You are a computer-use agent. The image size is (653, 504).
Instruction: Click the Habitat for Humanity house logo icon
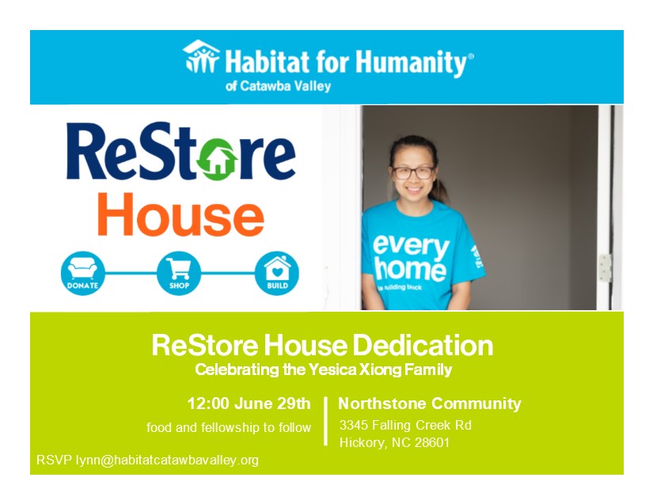pyautogui.click(x=201, y=57)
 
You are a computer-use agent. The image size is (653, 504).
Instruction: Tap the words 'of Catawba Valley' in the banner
pyautogui.click(x=278, y=86)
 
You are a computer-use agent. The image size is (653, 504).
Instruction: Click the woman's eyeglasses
pyautogui.click(x=412, y=171)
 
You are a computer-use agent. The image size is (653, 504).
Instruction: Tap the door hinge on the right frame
pyautogui.click(x=605, y=267)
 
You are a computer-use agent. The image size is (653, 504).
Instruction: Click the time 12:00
pyautogui.click(x=208, y=404)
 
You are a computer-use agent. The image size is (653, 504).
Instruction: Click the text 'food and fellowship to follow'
pyautogui.click(x=229, y=427)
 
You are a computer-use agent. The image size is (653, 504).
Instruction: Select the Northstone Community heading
pyautogui.click(x=430, y=404)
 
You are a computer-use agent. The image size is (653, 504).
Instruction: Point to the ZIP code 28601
pyautogui.click(x=430, y=443)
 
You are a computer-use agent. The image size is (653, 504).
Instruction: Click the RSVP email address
pyautogui.click(x=167, y=460)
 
